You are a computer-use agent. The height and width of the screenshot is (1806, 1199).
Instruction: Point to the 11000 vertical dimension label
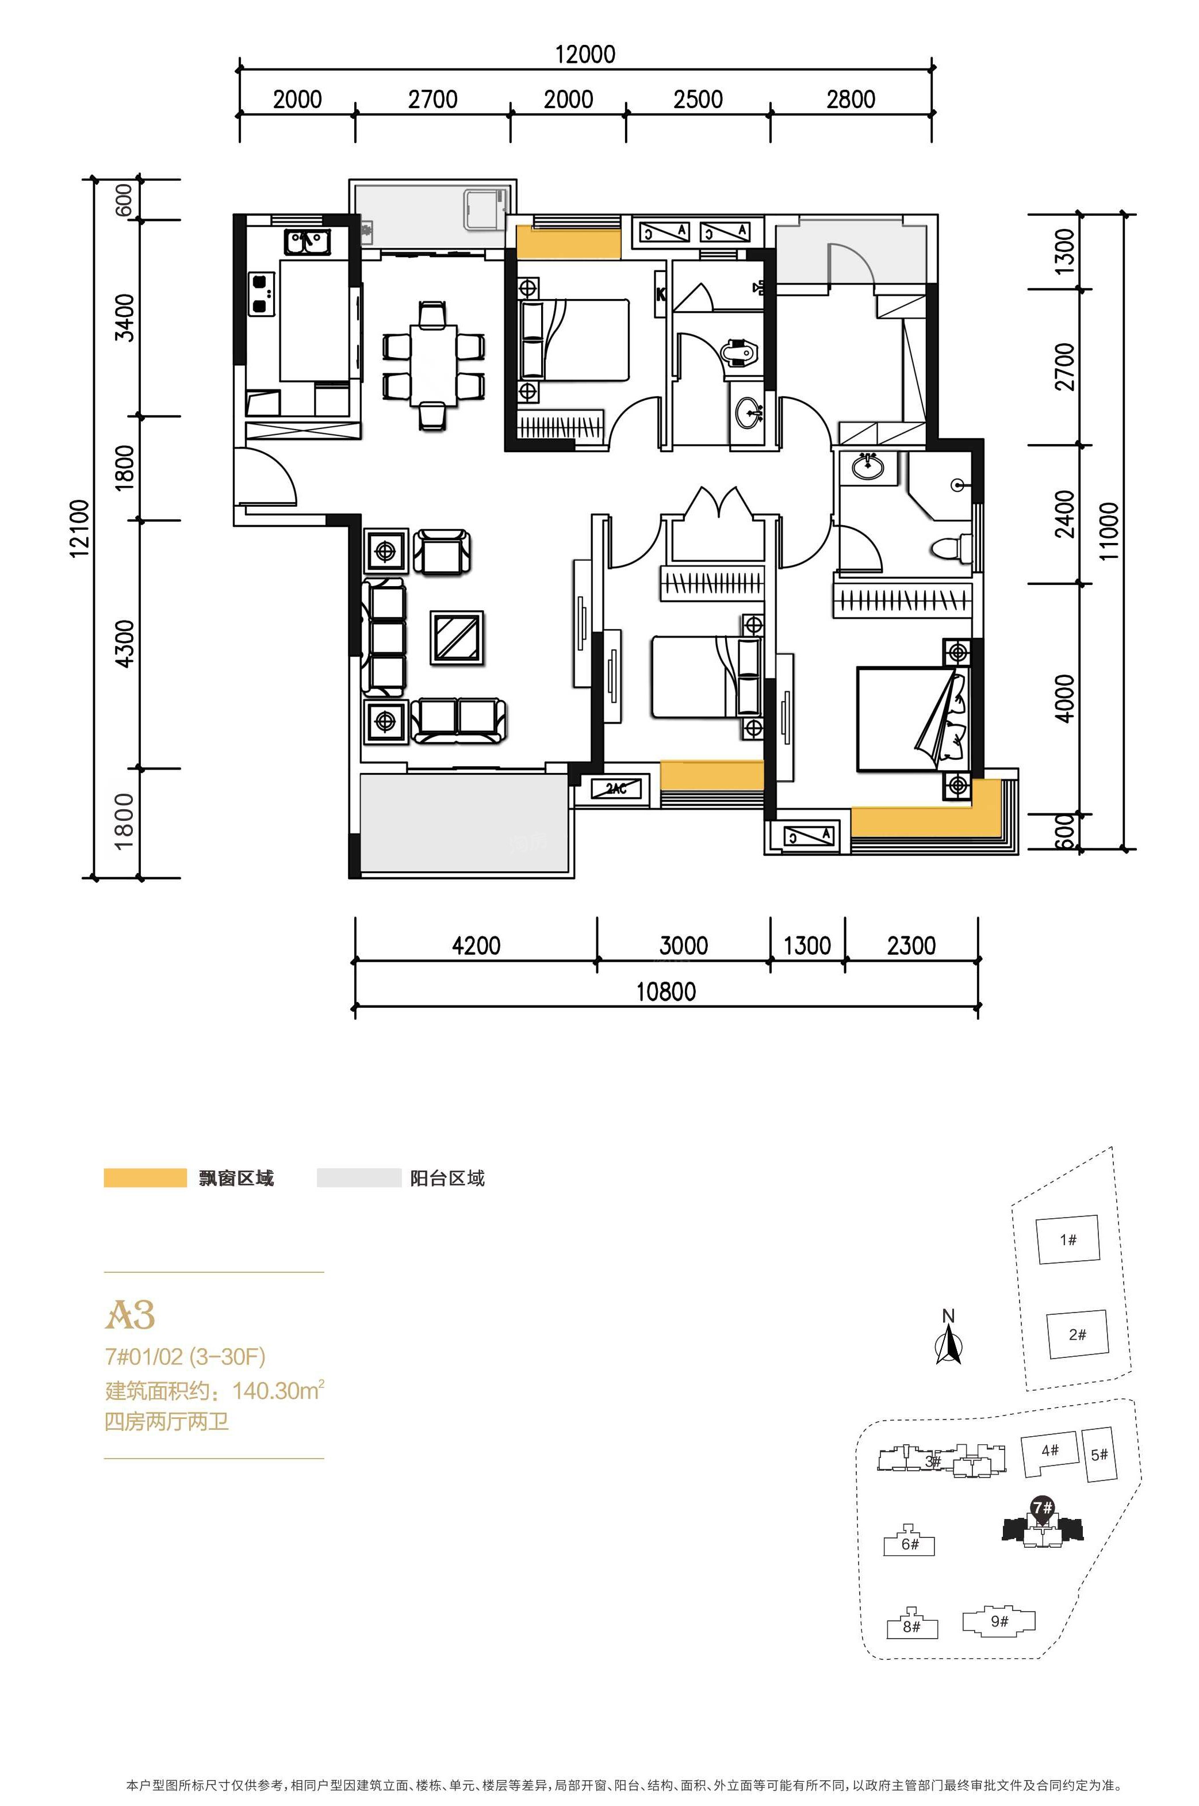(1109, 531)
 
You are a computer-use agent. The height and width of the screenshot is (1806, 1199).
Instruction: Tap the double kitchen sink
(307, 242)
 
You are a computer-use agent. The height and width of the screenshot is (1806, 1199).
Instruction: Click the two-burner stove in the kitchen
(262, 293)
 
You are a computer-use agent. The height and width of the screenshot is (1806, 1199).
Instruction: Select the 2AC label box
(616, 789)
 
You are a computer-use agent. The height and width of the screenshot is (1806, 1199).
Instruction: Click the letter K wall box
(661, 293)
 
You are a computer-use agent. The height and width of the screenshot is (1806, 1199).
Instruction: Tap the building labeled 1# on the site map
(1067, 1239)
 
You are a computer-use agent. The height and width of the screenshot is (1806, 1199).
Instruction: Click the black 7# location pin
(1042, 1507)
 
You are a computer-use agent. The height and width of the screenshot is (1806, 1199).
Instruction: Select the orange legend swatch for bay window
(145, 1177)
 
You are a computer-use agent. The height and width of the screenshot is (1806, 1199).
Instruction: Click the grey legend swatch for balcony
(359, 1177)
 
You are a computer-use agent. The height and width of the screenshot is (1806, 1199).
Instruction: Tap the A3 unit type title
(130, 1314)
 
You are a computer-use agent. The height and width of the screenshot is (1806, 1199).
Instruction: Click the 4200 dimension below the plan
(476, 946)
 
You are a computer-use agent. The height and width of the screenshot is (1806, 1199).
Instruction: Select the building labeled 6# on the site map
(909, 1543)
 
